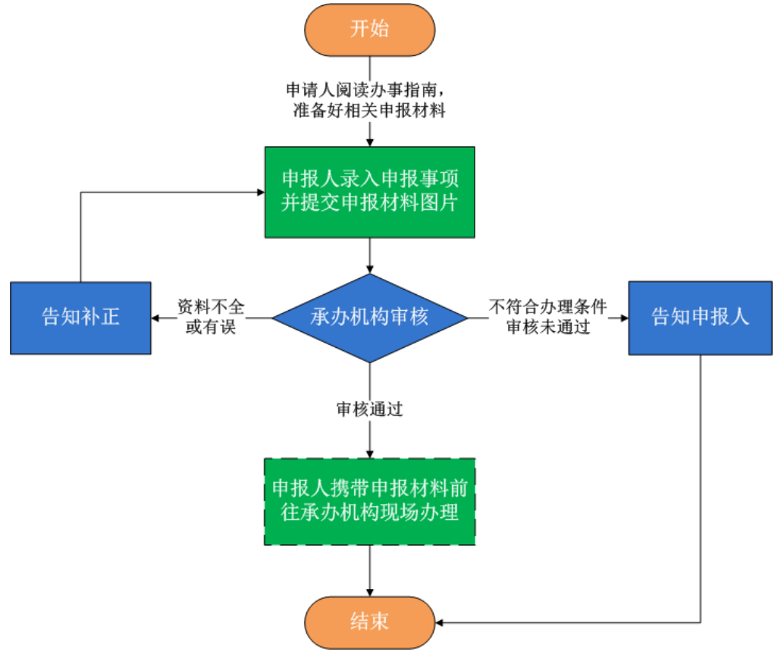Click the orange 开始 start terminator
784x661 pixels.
tap(369, 30)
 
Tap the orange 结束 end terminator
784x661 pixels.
tap(369, 622)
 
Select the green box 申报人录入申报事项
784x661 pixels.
tap(369, 192)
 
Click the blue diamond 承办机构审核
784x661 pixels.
tap(369, 317)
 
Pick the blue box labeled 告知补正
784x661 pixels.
tap(80, 317)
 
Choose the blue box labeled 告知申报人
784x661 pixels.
tap(701, 317)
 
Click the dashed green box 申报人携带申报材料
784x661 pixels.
tap(369, 501)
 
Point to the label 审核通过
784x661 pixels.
tap(369, 410)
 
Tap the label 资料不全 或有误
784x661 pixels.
tap(212, 317)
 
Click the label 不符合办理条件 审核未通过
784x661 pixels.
tap(547, 317)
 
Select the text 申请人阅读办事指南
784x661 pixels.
tap(369, 89)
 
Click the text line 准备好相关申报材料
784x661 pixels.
tap(369, 111)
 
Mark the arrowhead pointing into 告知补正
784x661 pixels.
tap(156, 318)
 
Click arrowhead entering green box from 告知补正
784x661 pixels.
tap(259, 193)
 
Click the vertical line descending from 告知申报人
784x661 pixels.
tap(701, 485)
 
